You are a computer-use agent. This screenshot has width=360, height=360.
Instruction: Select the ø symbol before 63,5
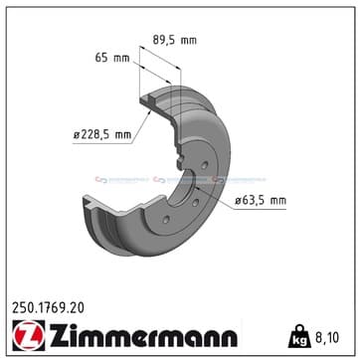240,203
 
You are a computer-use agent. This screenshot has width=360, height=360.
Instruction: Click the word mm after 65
111,59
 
